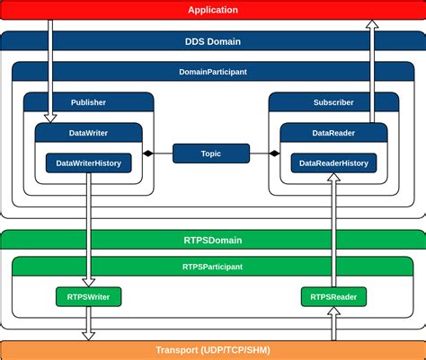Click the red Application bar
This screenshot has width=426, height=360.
tap(213, 10)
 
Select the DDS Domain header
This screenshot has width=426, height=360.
tap(213, 41)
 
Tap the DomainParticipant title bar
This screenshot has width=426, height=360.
tap(213, 71)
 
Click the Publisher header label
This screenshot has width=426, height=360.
tap(88, 102)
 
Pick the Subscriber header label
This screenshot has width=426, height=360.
tap(333, 102)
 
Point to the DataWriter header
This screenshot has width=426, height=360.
tap(88, 133)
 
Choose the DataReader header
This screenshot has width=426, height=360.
tap(333, 133)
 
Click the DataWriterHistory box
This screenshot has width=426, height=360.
tap(88, 162)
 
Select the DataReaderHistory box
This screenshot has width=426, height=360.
tap(333, 162)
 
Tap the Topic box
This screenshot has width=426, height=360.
tap(211, 154)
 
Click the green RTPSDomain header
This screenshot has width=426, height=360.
tap(213, 241)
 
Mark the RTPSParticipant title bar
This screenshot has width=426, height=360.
tap(213, 267)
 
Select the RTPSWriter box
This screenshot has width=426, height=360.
tap(88, 295)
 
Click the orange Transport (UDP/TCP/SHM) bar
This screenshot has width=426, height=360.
tap(213, 350)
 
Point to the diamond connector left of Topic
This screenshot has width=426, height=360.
tap(148, 154)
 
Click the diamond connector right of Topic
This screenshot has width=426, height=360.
tap(274, 154)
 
